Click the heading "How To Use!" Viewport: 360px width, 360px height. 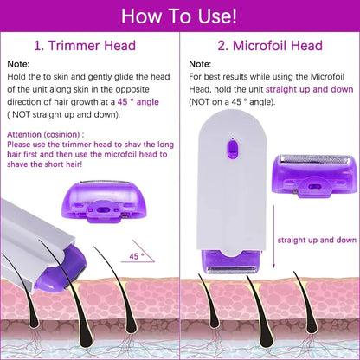pyautogui.click(x=180, y=16)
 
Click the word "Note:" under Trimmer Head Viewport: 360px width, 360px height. pyautogui.click(x=20, y=64)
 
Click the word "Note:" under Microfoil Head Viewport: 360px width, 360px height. pyautogui.click(x=201, y=64)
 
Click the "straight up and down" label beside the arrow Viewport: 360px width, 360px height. pyautogui.click(x=315, y=240)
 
